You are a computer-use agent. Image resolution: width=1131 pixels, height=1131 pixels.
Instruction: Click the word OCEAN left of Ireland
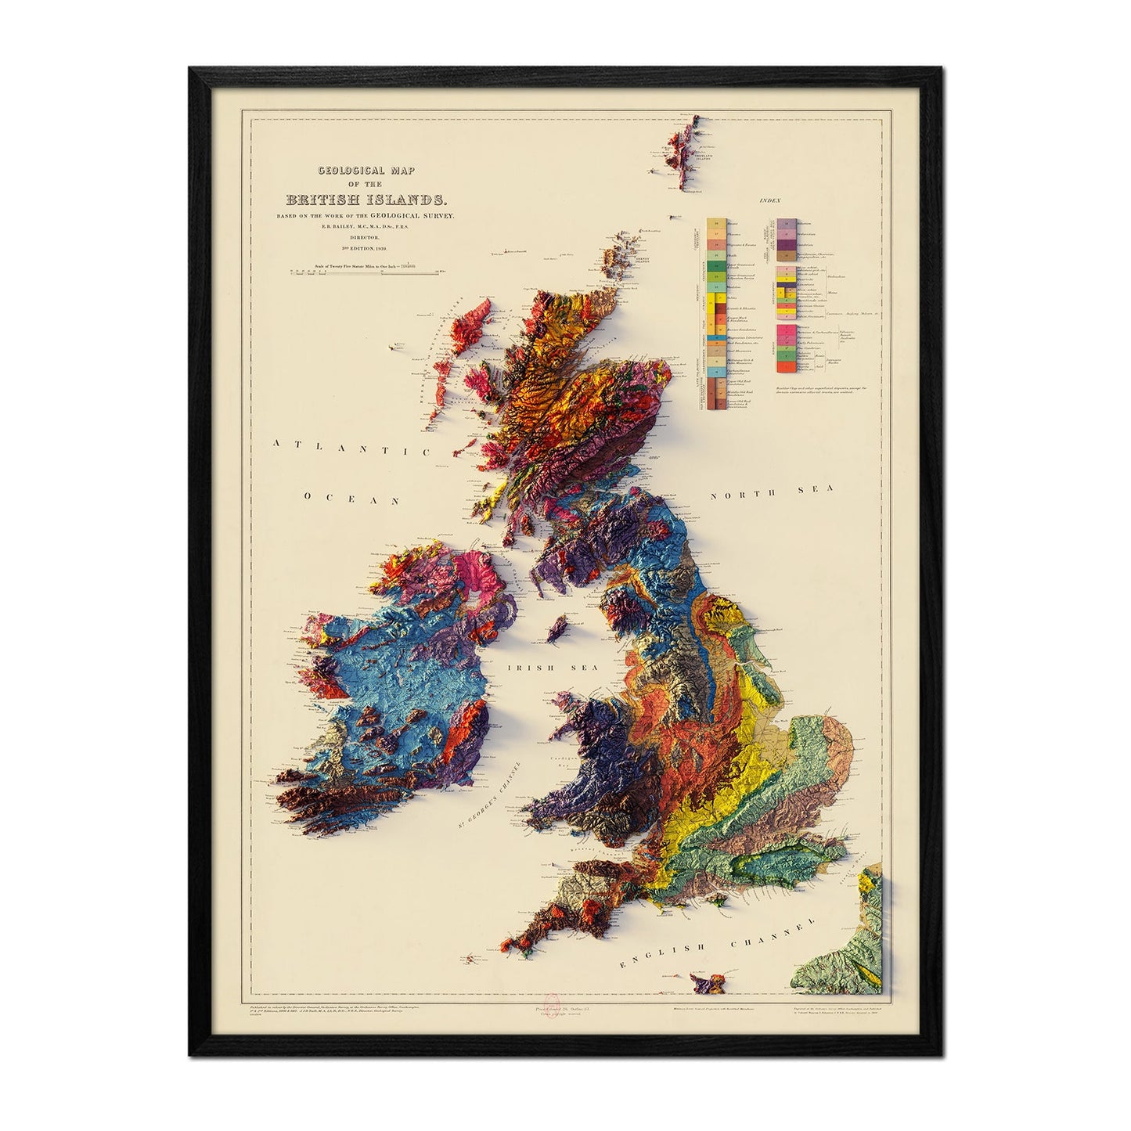352,498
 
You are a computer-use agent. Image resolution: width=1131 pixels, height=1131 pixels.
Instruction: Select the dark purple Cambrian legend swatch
785,243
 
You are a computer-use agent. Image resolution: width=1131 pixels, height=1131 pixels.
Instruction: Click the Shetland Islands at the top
679,157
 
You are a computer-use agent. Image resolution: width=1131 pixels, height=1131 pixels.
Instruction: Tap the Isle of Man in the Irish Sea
560,626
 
